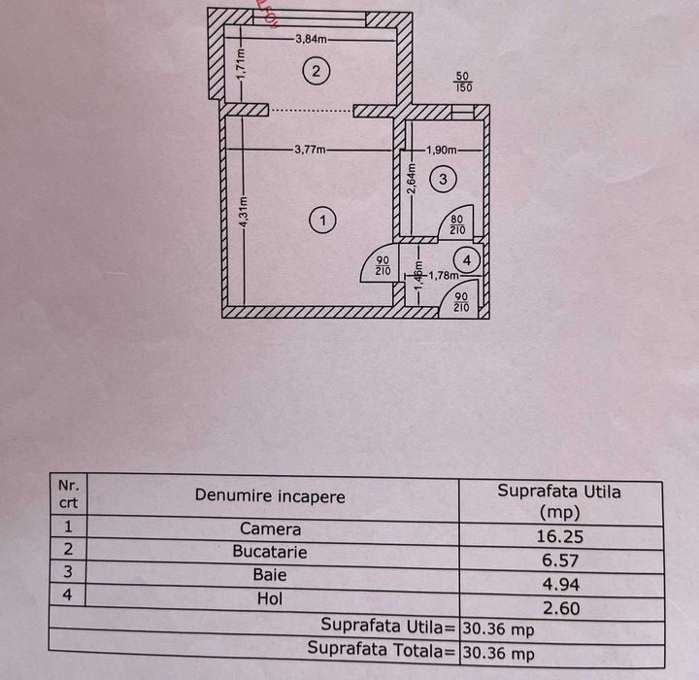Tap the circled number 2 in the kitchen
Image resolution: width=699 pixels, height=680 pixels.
[x=316, y=70]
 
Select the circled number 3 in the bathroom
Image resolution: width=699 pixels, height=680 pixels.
[x=443, y=180]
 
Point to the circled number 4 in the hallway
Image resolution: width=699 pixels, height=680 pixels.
[x=468, y=260]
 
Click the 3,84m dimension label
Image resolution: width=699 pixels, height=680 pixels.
[x=311, y=40]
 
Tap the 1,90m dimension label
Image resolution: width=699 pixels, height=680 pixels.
[x=443, y=150]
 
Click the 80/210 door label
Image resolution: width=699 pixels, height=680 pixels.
[x=456, y=225]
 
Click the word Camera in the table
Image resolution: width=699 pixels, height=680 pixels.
[x=271, y=530]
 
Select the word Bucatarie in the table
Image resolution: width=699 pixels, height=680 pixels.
[x=270, y=552]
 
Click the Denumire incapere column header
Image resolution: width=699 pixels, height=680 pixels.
[x=270, y=495]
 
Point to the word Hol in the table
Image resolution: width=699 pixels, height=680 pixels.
[x=271, y=599]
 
